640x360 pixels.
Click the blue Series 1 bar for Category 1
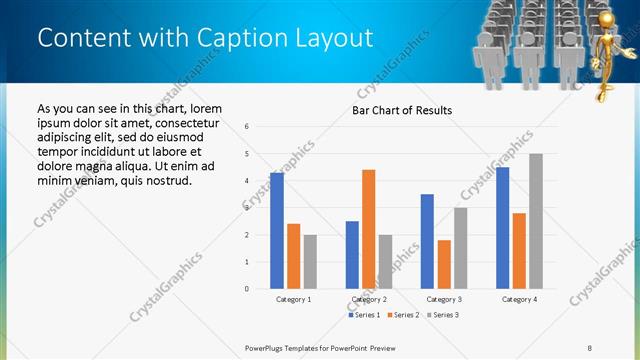point(277,231)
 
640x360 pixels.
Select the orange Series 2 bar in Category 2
point(368,229)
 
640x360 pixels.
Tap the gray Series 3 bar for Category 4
point(535,221)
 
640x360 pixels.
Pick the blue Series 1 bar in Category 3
point(427,241)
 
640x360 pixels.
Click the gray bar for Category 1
point(310,262)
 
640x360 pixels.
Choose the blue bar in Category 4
point(502,228)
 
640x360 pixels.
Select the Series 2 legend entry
point(404,315)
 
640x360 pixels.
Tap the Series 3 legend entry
point(443,315)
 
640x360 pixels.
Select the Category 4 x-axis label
point(519,299)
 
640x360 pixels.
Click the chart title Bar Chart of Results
point(402,110)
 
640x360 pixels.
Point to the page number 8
point(590,346)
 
